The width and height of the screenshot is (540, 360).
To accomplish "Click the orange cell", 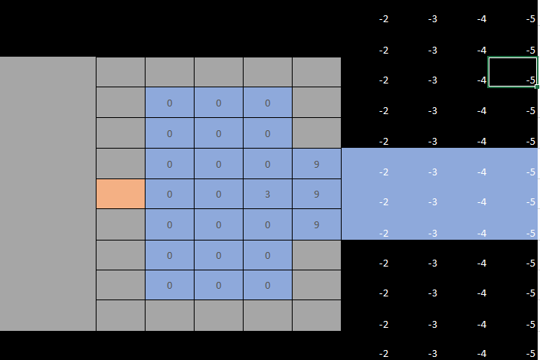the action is click(120, 194).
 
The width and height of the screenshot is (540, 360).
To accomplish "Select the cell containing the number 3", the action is click(267, 194).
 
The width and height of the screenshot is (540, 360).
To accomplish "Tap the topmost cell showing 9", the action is click(316, 164).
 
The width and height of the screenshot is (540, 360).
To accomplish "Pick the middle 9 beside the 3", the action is click(316, 194).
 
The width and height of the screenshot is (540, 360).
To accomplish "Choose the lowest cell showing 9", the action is click(316, 224).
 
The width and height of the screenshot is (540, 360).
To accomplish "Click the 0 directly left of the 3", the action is click(218, 194).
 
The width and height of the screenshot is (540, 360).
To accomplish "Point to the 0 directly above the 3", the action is click(267, 164).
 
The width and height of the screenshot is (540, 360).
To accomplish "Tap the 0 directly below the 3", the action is click(267, 224).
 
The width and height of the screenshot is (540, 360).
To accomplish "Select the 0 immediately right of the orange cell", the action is click(169, 194).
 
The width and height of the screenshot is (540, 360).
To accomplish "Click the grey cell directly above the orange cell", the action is click(120, 164).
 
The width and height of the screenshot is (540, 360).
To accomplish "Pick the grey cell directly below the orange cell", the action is click(120, 224).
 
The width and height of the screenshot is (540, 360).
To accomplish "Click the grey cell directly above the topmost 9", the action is click(316, 133).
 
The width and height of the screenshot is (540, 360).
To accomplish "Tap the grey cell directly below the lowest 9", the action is click(316, 255).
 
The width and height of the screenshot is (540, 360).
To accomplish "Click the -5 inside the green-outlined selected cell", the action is click(531, 80).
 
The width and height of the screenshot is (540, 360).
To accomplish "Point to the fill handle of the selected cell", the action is click(537, 87).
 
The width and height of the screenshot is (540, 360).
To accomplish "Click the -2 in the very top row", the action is click(384, 19).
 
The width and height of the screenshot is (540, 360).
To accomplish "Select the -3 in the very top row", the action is click(433, 19).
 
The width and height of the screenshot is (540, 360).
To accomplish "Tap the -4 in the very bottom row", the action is click(482, 353).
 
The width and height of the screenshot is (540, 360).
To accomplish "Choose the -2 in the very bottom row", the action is click(384, 353).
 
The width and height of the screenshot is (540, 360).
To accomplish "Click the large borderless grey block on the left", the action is click(47, 194).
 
